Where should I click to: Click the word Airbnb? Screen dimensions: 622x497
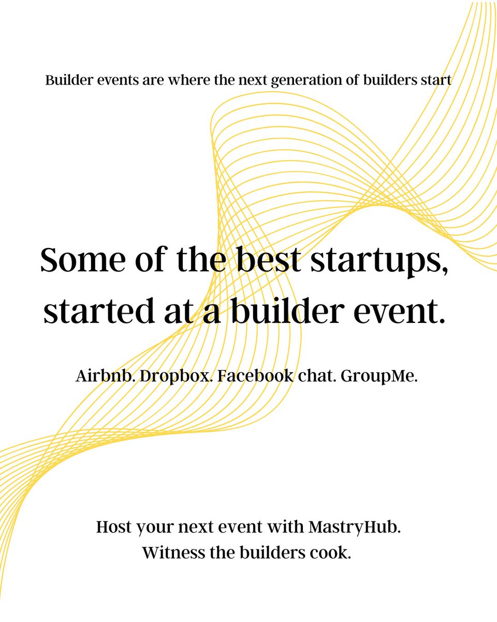(104, 377)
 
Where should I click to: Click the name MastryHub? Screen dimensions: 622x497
(354, 528)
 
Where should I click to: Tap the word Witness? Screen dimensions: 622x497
(173, 553)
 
